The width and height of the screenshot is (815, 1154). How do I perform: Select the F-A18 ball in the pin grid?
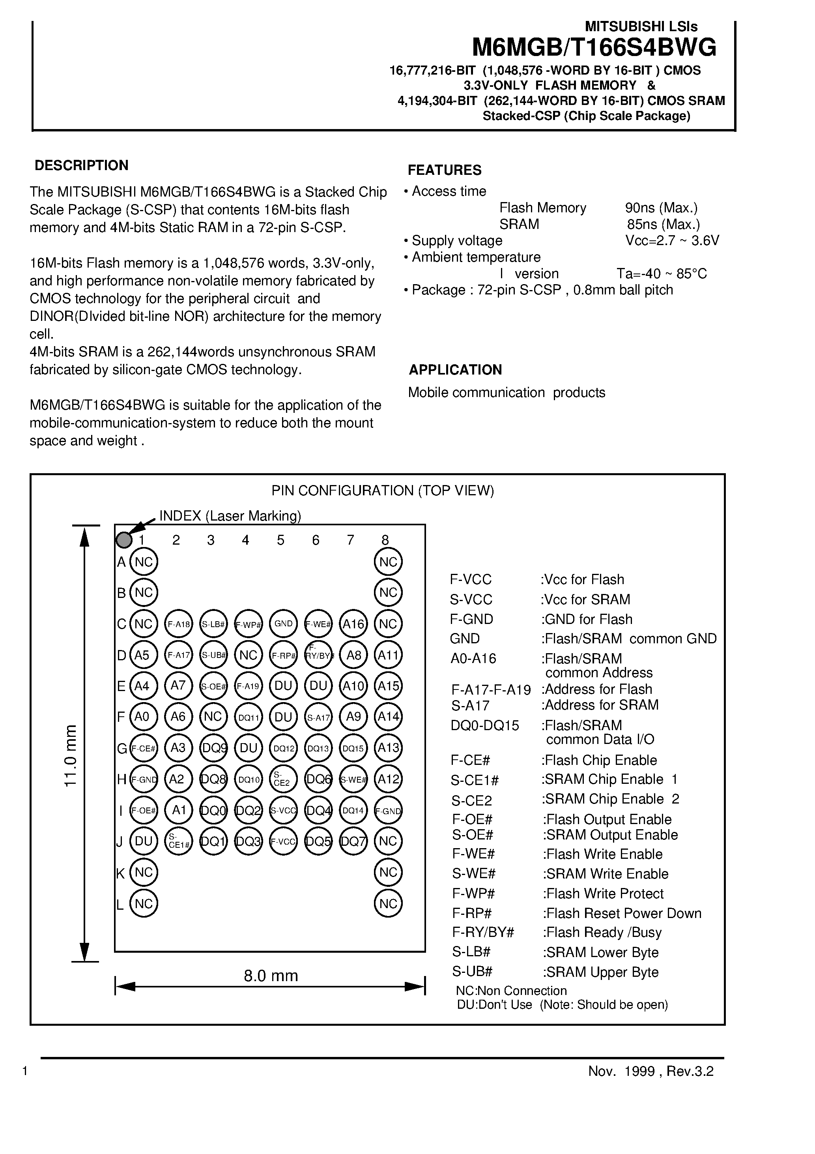(x=178, y=624)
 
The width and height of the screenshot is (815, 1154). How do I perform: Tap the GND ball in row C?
(x=283, y=624)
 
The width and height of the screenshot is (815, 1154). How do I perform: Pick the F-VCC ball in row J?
(x=283, y=841)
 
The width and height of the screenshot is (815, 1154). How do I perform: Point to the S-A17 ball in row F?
(x=318, y=717)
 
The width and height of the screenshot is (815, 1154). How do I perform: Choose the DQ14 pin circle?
(x=353, y=810)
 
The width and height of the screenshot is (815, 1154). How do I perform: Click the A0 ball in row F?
(x=143, y=717)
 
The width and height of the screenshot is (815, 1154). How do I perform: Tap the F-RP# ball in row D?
(x=283, y=656)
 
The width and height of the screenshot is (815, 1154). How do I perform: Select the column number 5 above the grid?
(x=280, y=540)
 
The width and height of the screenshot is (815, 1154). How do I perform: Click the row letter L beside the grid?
(x=120, y=905)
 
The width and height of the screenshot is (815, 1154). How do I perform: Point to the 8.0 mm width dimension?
(x=271, y=976)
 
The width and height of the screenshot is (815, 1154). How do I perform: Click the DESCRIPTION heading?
(x=81, y=165)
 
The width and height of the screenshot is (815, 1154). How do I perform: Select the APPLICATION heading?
(x=455, y=370)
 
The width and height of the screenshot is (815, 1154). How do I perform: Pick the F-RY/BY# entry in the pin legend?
(x=483, y=932)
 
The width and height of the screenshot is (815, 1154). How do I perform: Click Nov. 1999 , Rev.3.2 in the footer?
(x=651, y=1071)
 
